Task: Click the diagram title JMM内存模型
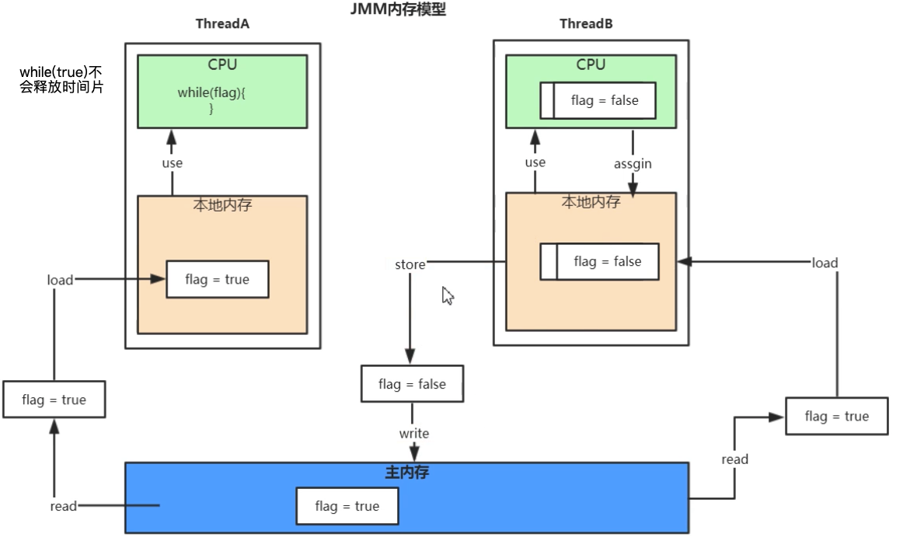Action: click(x=399, y=10)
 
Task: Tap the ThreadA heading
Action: click(x=222, y=24)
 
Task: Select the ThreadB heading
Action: click(x=586, y=24)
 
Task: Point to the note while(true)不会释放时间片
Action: click(x=61, y=80)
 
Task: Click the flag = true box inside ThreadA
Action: click(x=217, y=279)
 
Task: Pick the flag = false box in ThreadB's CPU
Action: click(x=598, y=100)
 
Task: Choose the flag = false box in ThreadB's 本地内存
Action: click(x=599, y=261)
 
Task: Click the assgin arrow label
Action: click(x=633, y=164)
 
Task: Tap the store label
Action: click(x=410, y=264)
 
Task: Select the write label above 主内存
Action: click(x=413, y=433)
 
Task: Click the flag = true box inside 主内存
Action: click(x=347, y=507)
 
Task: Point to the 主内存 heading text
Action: click(x=407, y=472)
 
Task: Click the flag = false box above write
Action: click(x=412, y=384)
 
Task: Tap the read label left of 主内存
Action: click(x=63, y=506)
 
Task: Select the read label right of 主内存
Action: click(x=734, y=459)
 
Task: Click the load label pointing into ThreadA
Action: click(x=60, y=280)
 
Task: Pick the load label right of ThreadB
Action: click(x=825, y=263)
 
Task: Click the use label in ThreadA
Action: click(x=172, y=163)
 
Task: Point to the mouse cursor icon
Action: click(x=448, y=295)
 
